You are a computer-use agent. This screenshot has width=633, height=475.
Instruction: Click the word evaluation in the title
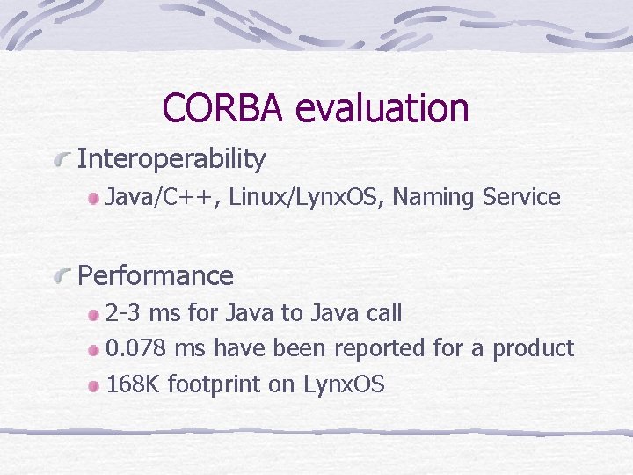click(382, 108)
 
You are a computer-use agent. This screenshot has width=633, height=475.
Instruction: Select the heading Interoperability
click(171, 159)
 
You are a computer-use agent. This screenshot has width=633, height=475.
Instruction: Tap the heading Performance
click(156, 275)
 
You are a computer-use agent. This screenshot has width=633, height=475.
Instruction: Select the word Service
click(521, 198)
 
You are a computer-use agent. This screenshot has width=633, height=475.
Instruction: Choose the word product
click(533, 348)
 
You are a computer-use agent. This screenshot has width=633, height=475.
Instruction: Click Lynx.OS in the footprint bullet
click(344, 384)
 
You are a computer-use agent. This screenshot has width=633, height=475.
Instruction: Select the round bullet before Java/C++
click(94, 200)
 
